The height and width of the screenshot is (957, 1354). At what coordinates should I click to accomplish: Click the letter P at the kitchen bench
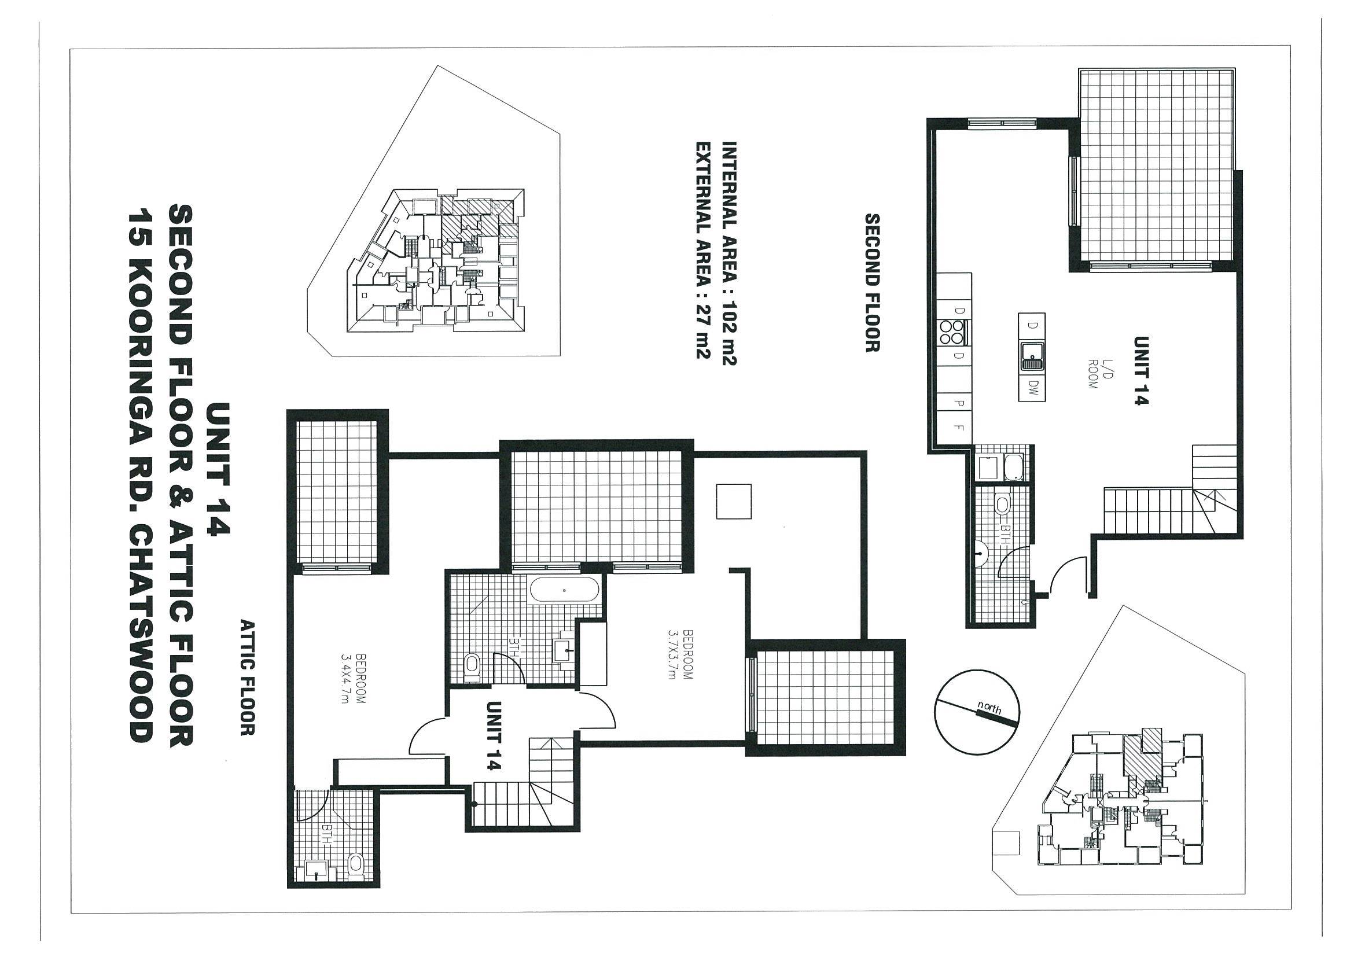click(x=958, y=403)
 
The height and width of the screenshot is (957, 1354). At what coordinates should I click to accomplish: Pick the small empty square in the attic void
click(x=734, y=501)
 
